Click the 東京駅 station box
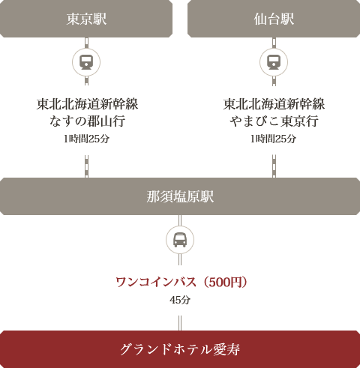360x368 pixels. point(86,19)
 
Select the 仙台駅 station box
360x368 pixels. point(274,19)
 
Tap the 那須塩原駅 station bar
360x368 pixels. point(180,196)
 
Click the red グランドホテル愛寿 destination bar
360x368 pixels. point(180,349)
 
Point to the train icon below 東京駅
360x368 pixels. point(86,62)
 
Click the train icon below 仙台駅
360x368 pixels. point(274,62)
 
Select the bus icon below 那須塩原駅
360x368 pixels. point(180,240)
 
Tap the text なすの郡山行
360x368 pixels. point(87,121)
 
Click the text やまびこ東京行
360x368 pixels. point(274,121)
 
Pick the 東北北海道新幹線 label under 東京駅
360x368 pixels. point(87,104)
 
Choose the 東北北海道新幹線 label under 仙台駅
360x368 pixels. point(274,104)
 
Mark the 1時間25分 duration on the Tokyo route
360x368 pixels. point(86,139)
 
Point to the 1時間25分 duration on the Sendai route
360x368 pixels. point(274,139)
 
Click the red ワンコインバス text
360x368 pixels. point(156,283)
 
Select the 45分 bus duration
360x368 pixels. point(180,300)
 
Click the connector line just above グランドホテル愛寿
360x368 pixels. point(180,323)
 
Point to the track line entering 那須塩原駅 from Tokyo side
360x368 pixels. point(86,166)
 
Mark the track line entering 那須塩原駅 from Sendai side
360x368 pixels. point(274,166)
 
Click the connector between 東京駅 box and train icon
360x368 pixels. point(86,43)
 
